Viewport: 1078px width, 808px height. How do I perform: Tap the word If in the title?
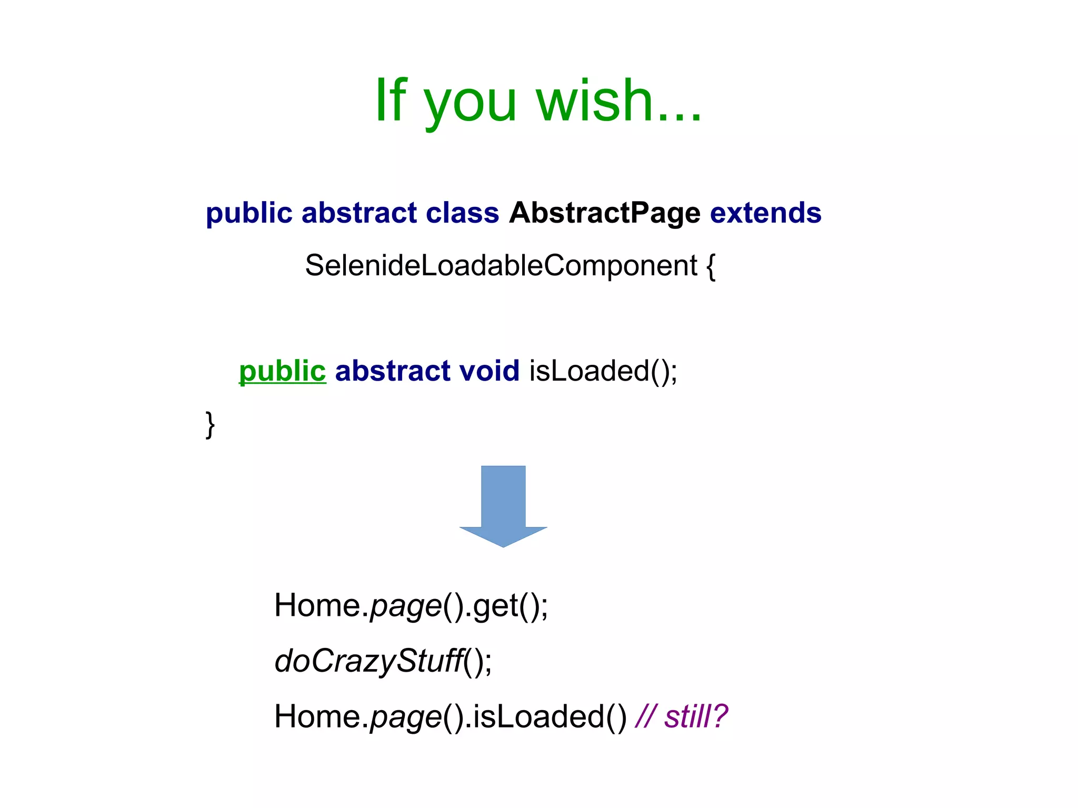tap(390, 100)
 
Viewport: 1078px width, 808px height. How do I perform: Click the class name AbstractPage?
tap(604, 213)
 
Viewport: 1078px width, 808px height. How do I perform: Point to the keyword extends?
tap(765, 213)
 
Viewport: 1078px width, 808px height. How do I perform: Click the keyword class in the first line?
tap(462, 213)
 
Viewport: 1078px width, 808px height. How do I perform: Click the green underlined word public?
tap(283, 371)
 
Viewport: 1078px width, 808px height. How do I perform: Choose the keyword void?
tap(489, 371)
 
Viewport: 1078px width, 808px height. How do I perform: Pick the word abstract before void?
tap(393, 371)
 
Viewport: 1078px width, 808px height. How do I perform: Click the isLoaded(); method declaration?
tap(603, 371)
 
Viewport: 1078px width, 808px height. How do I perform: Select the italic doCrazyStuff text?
tap(368, 661)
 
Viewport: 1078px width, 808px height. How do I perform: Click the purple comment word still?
tap(696, 716)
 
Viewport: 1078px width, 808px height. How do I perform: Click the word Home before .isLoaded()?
tap(317, 716)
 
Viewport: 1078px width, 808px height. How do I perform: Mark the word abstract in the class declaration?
tap(359, 213)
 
